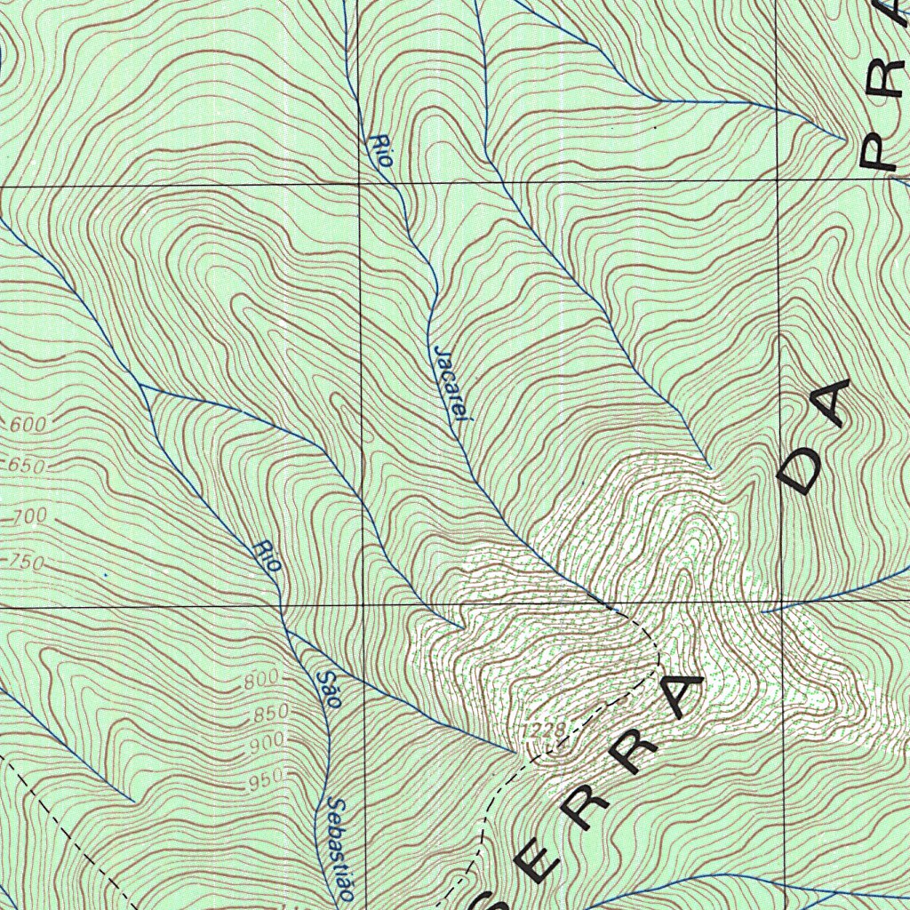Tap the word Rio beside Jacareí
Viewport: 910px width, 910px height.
[x=383, y=150]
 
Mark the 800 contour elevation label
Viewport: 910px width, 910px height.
[x=262, y=682]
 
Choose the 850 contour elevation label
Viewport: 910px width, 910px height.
[x=271, y=713]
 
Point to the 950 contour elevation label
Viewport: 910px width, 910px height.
[x=265, y=780]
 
